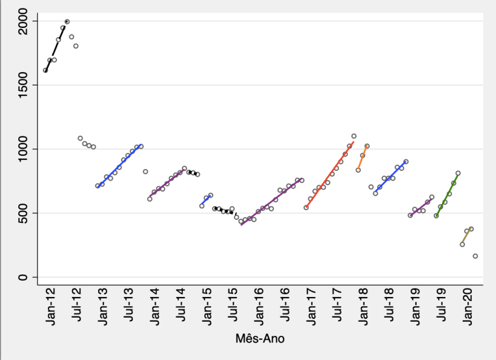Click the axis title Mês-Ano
click(260, 339)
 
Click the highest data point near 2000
click(67, 22)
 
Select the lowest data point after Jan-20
click(475, 256)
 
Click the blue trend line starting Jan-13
click(119, 165)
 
